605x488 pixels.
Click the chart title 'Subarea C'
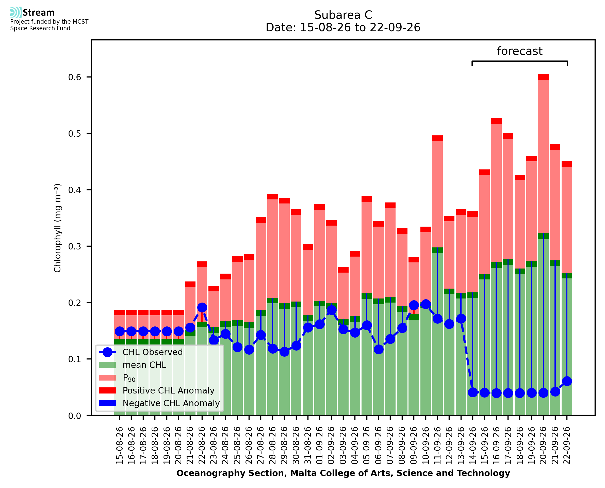tap(343, 15)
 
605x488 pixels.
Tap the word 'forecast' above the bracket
tap(520, 51)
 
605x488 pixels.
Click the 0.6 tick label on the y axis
tap(75, 77)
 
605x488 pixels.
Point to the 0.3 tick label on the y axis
tap(75, 246)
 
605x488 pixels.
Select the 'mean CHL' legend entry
tap(133, 365)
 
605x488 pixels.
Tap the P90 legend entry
tap(117, 378)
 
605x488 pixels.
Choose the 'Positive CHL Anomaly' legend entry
tap(157, 390)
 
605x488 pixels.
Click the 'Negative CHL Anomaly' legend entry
tap(159, 403)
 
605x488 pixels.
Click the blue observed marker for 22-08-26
tap(202, 308)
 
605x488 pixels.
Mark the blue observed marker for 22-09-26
tap(567, 382)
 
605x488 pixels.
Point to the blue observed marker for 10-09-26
tap(426, 304)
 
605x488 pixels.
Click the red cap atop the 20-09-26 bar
tap(544, 77)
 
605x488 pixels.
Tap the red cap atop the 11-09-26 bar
tap(438, 138)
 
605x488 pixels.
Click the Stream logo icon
tap(16, 12)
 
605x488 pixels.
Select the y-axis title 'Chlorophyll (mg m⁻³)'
tap(58, 228)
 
